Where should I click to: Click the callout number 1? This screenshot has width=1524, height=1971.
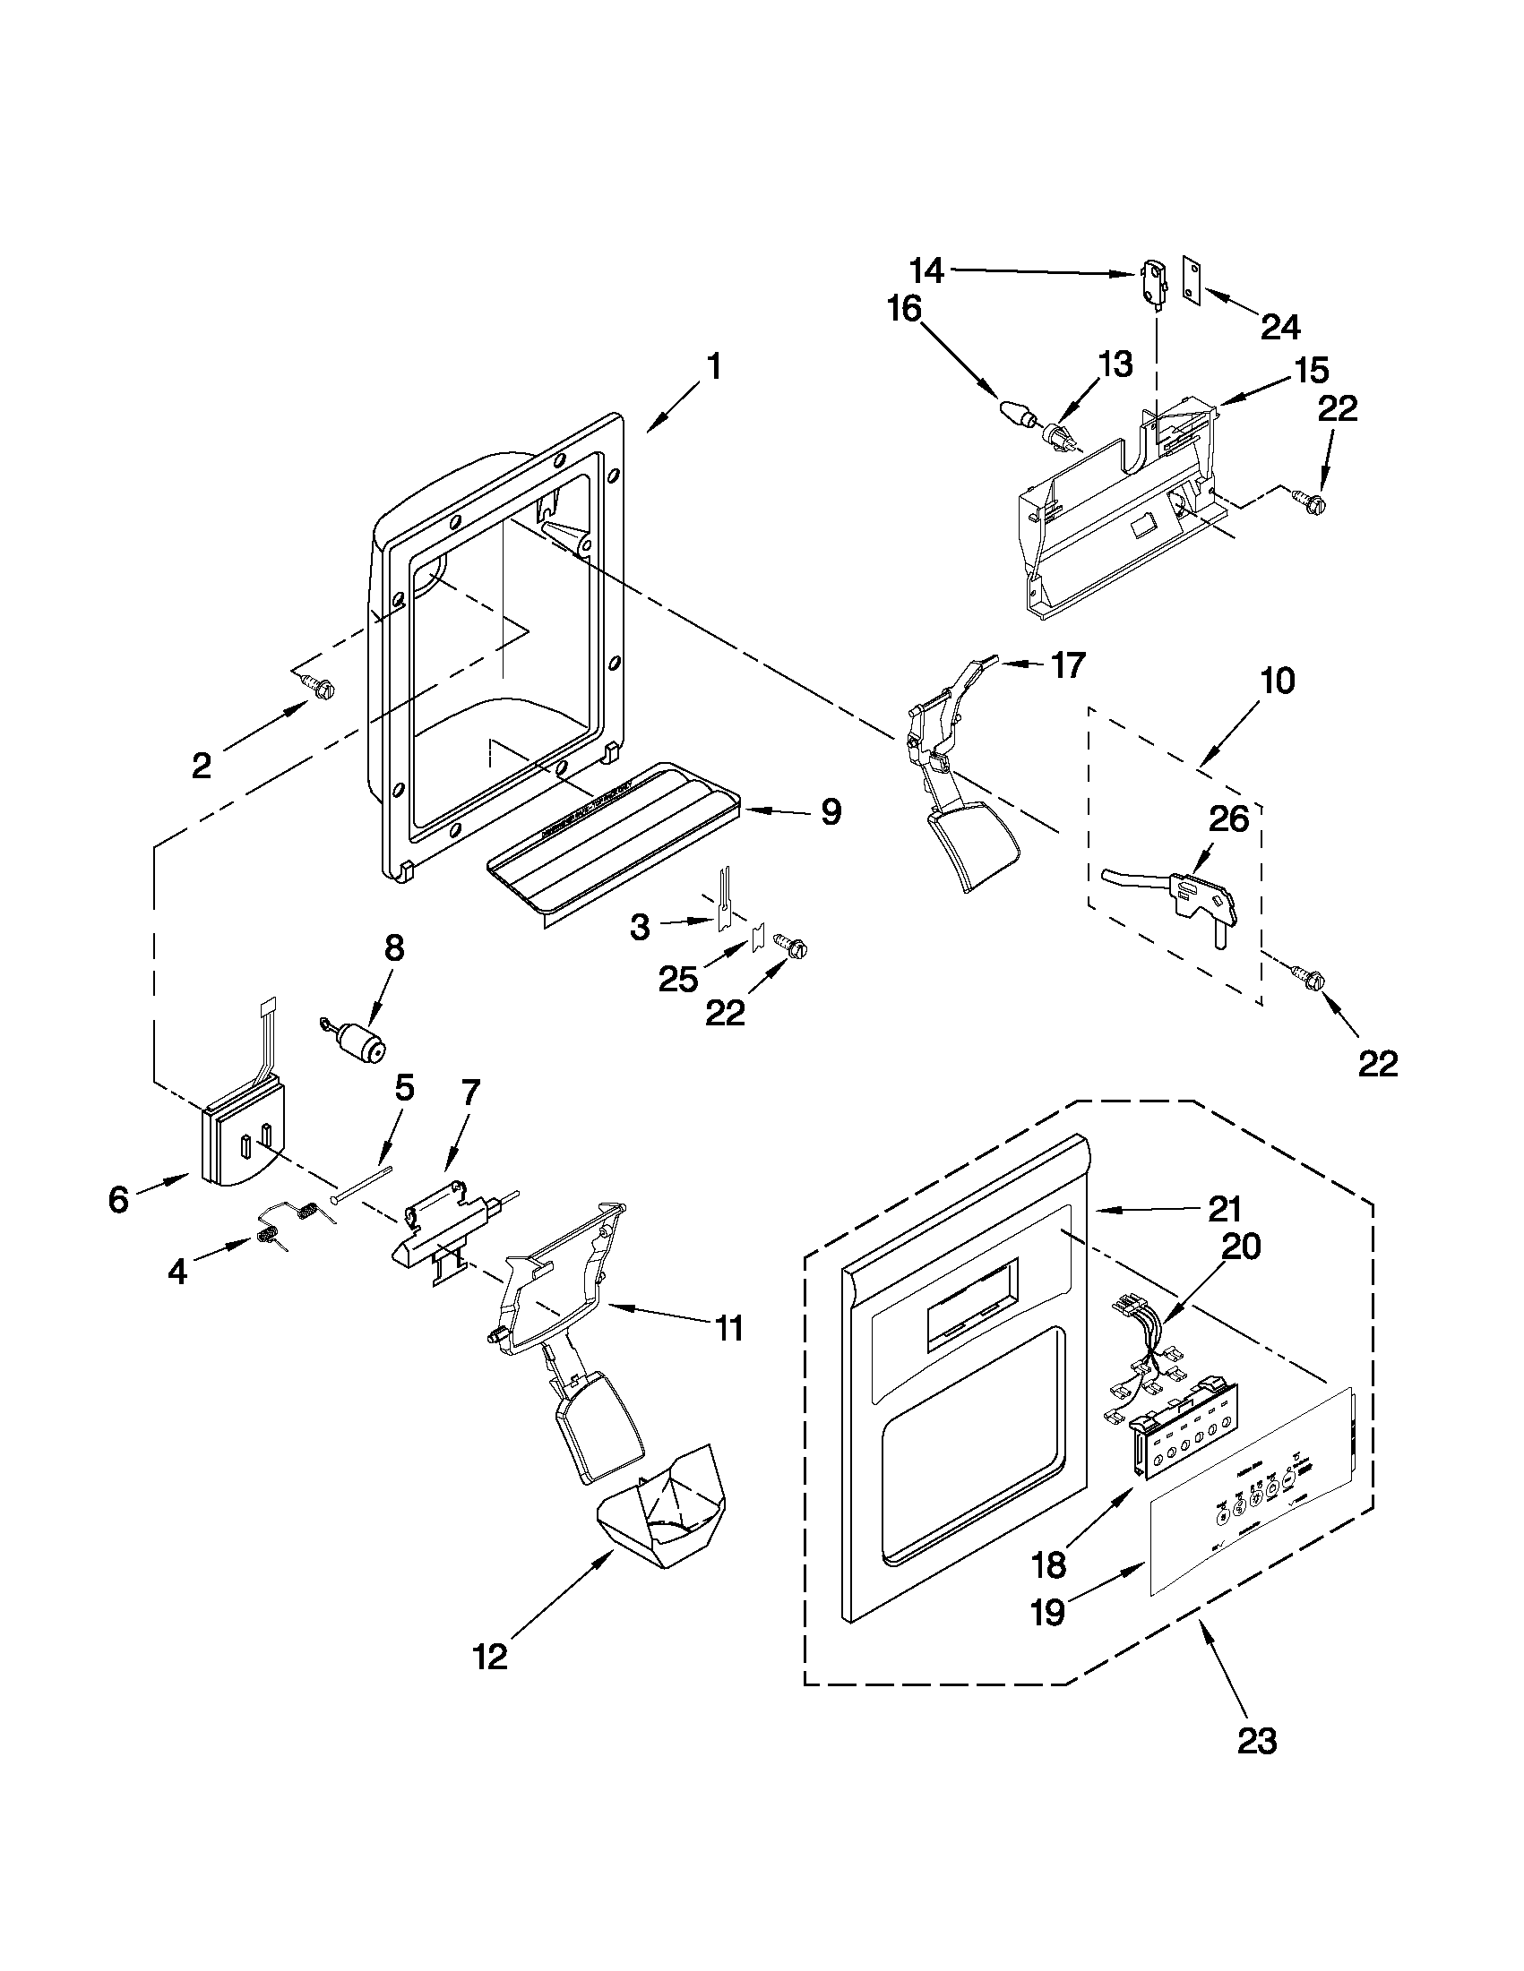tap(713, 368)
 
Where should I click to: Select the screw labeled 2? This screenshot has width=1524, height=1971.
tap(321, 686)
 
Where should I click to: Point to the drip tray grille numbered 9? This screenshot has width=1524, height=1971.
tap(614, 835)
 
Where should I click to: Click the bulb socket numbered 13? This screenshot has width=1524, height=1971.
tap(1059, 438)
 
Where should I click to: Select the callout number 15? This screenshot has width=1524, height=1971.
tap(1312, 370)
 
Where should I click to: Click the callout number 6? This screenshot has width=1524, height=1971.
tap(119, 1199)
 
